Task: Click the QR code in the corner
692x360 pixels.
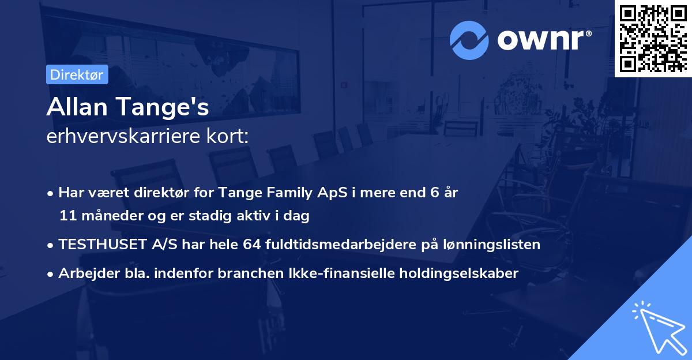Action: tap(653, 38)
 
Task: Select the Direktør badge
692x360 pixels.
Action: tap(77, 75)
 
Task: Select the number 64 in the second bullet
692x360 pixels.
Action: tap(252, 245)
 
